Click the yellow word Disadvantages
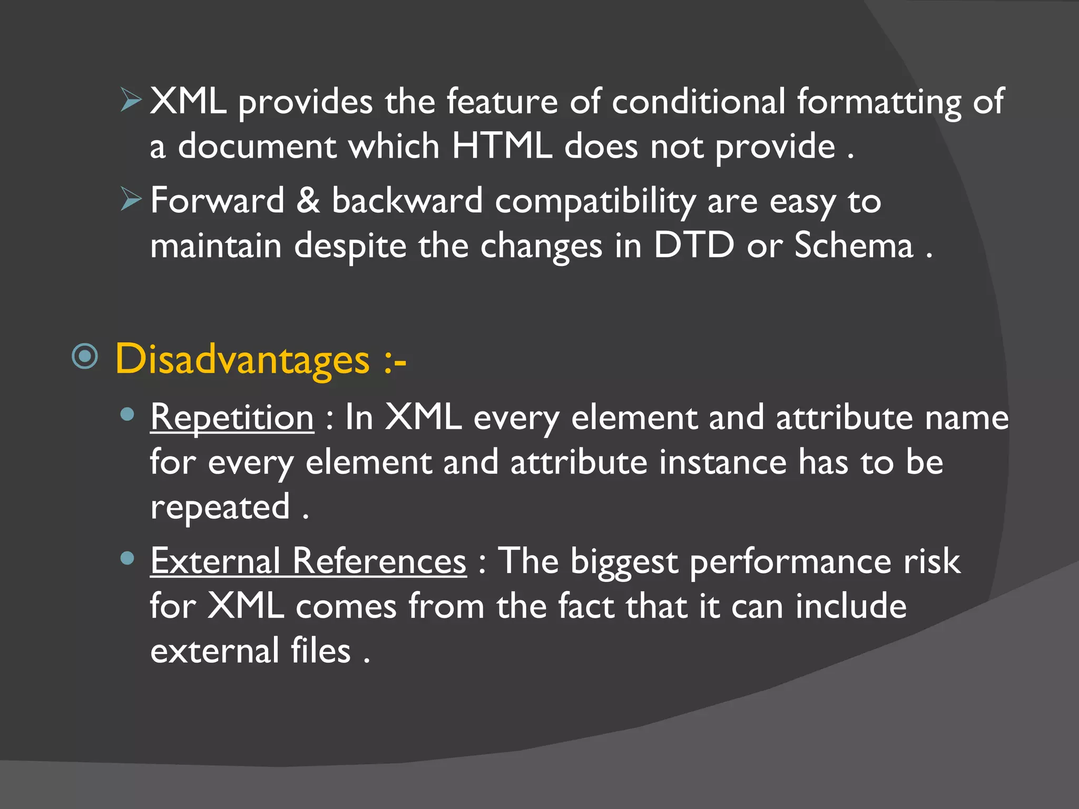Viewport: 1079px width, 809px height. (242, 360)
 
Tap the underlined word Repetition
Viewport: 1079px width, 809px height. (232, 418)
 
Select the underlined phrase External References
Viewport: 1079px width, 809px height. (308, 561)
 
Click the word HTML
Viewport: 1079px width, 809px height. (502, 146)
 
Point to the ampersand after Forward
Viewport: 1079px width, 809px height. (308, 201)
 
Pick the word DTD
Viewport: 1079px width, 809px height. (694, 245)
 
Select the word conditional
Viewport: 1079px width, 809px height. (699, 101)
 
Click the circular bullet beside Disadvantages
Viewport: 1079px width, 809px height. (85, 357)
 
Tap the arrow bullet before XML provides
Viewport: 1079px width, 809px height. (131, 100)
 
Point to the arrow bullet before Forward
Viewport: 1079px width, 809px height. (131, 199)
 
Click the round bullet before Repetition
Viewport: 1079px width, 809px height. (127, 415)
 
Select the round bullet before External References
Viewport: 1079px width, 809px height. (127, 558)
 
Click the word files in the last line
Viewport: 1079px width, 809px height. (321, 651)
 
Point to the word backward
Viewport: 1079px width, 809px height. (407, 201)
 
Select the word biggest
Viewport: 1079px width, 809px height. (624, 562)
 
